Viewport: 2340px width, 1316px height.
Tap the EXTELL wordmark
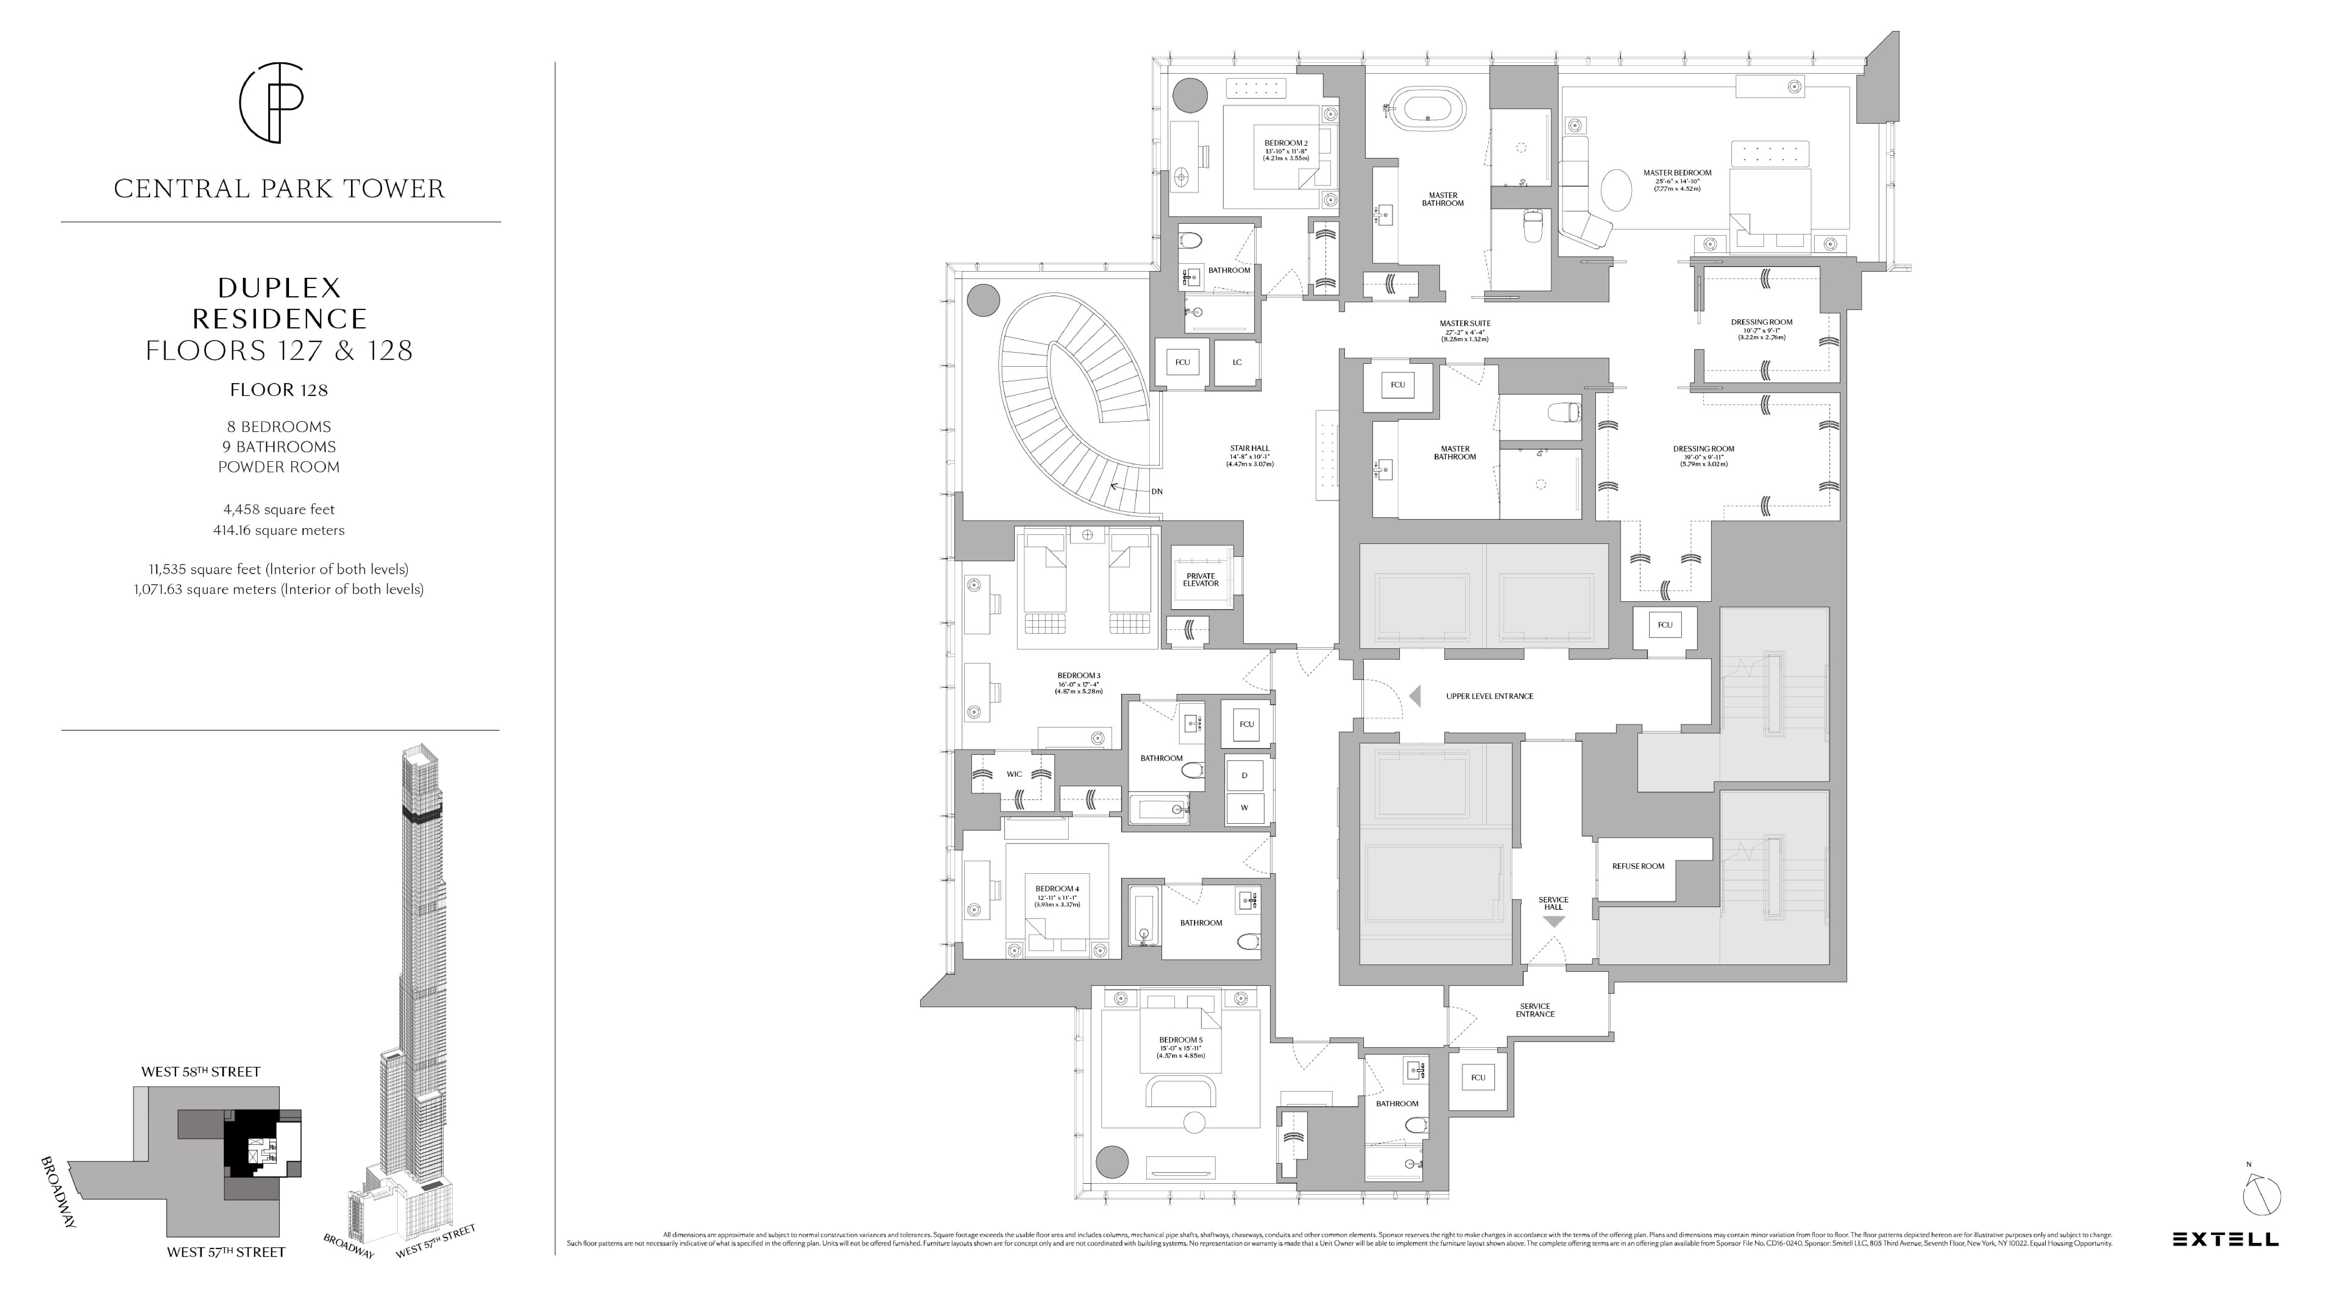pos(2225,1239)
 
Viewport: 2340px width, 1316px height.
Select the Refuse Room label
pos(1638,867)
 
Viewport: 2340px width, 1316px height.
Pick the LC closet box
pos(1236,362)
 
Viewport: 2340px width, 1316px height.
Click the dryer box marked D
pos(1245,776)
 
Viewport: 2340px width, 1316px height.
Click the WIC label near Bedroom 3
pos(1014,775)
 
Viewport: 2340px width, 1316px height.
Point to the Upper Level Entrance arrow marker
pos(1414,697)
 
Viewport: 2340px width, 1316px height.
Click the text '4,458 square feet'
pos(279,509)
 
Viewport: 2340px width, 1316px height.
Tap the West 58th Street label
pos(201,1072)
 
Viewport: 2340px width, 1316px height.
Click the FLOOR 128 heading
pos(279,390)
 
